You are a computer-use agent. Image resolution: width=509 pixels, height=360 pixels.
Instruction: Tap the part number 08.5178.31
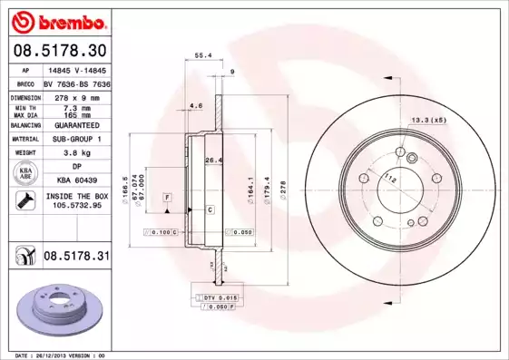click(75, 258)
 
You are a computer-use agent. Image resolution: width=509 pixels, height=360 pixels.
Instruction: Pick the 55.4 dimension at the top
click(203, 55)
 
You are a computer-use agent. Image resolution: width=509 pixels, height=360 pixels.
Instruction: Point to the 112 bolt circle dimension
click(391, 179)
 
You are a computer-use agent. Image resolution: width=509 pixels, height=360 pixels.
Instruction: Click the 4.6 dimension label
click(196, 106)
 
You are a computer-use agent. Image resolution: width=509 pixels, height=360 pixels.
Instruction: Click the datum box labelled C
click(210, 210)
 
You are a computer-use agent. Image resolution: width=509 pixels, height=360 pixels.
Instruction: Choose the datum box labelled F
click(167, 197)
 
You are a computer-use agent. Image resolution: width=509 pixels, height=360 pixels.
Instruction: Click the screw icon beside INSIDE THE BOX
click(24, 200)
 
